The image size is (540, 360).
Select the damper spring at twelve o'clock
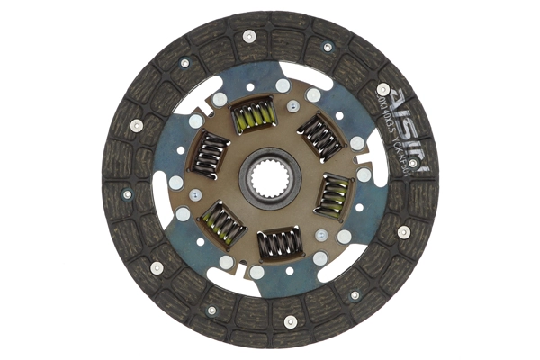253,115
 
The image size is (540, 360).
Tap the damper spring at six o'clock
280,243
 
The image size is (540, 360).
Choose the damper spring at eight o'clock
221,222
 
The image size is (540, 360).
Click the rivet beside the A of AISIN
382,89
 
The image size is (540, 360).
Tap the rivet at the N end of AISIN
413,163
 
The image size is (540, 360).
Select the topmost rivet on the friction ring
249,36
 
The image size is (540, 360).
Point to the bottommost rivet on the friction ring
290,321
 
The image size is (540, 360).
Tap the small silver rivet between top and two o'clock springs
292,106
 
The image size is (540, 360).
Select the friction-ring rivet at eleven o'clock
184,63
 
